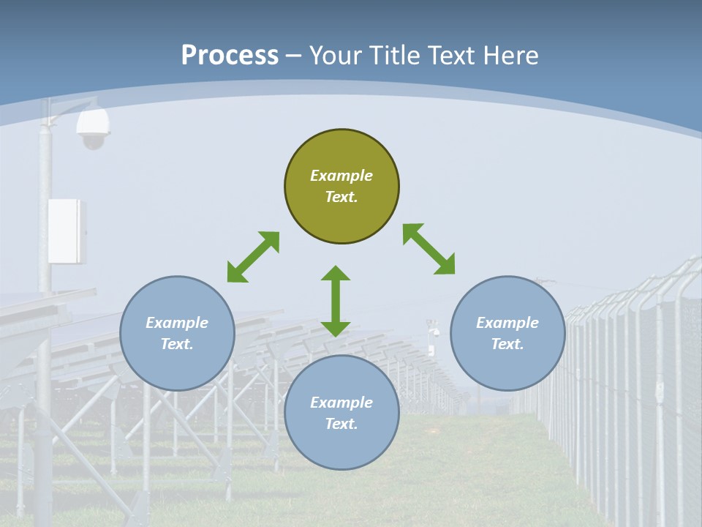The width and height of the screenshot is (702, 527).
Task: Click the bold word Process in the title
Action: click(x=230, y=55)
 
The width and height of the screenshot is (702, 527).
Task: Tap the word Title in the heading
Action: click(x=396, y=55)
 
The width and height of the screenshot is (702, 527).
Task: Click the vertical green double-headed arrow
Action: click(x=336, y=301)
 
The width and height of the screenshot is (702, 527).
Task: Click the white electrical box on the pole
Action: click(x=67, y=231)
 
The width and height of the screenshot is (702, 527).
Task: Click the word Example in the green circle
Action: click(x=341, y=176)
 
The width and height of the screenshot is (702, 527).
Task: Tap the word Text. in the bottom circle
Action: click(x=341, y=424)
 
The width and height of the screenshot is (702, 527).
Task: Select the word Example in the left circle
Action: click(x=177, y=323)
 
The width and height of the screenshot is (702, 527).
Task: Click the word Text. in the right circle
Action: click(x=507, y=344)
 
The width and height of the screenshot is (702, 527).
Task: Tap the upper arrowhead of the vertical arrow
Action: click(x=336, y=274)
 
